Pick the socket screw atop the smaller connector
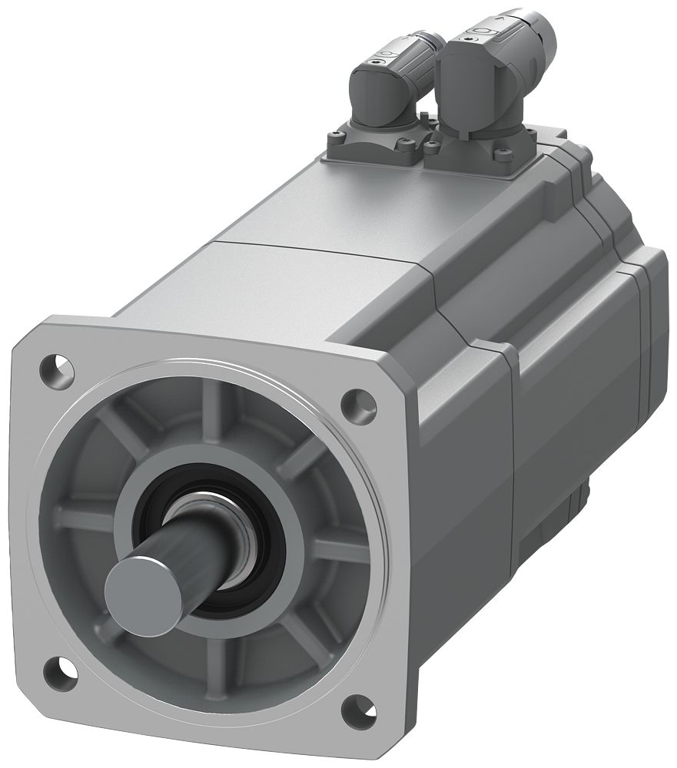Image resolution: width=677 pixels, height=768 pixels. pyautogui.click(x=379, y=59)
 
